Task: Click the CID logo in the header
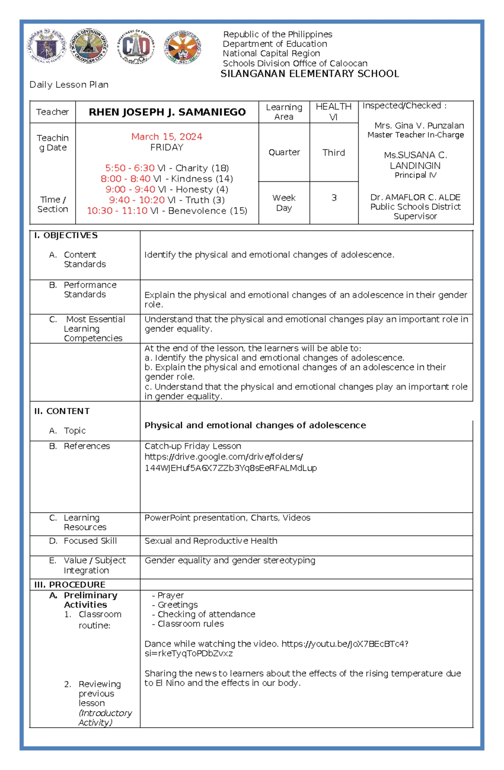pos(135,47)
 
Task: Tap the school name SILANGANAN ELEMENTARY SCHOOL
pos(310,74)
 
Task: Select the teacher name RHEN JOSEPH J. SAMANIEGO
pos(167,112)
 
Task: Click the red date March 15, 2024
pos(167,137)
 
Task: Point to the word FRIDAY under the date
pos(167,147)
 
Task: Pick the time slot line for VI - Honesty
pos(167,190)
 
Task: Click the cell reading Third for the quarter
pos(333,153)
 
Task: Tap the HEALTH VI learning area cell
pos(333,112)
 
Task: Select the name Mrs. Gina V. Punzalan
pos(419,125)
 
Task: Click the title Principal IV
pos(415,175)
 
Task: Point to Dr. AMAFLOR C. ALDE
pos(415,197)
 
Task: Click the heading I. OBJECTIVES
pos(66,235)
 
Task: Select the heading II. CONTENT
pos(62,411)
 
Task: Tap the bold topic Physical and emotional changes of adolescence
pos(255,425)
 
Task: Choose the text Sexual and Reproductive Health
pos(211,541)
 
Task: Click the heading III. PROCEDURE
pos(70,585)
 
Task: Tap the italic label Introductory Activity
pos(105,718)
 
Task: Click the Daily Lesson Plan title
pos(69,85)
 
